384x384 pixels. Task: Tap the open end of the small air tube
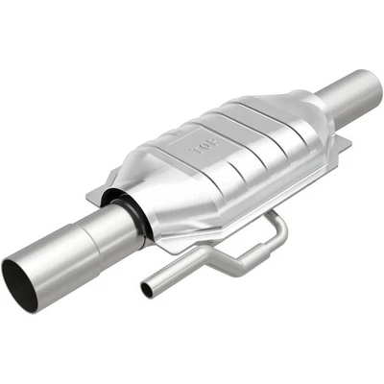[x=147, y=290]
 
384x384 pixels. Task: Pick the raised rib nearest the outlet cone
[x=278, y=125]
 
